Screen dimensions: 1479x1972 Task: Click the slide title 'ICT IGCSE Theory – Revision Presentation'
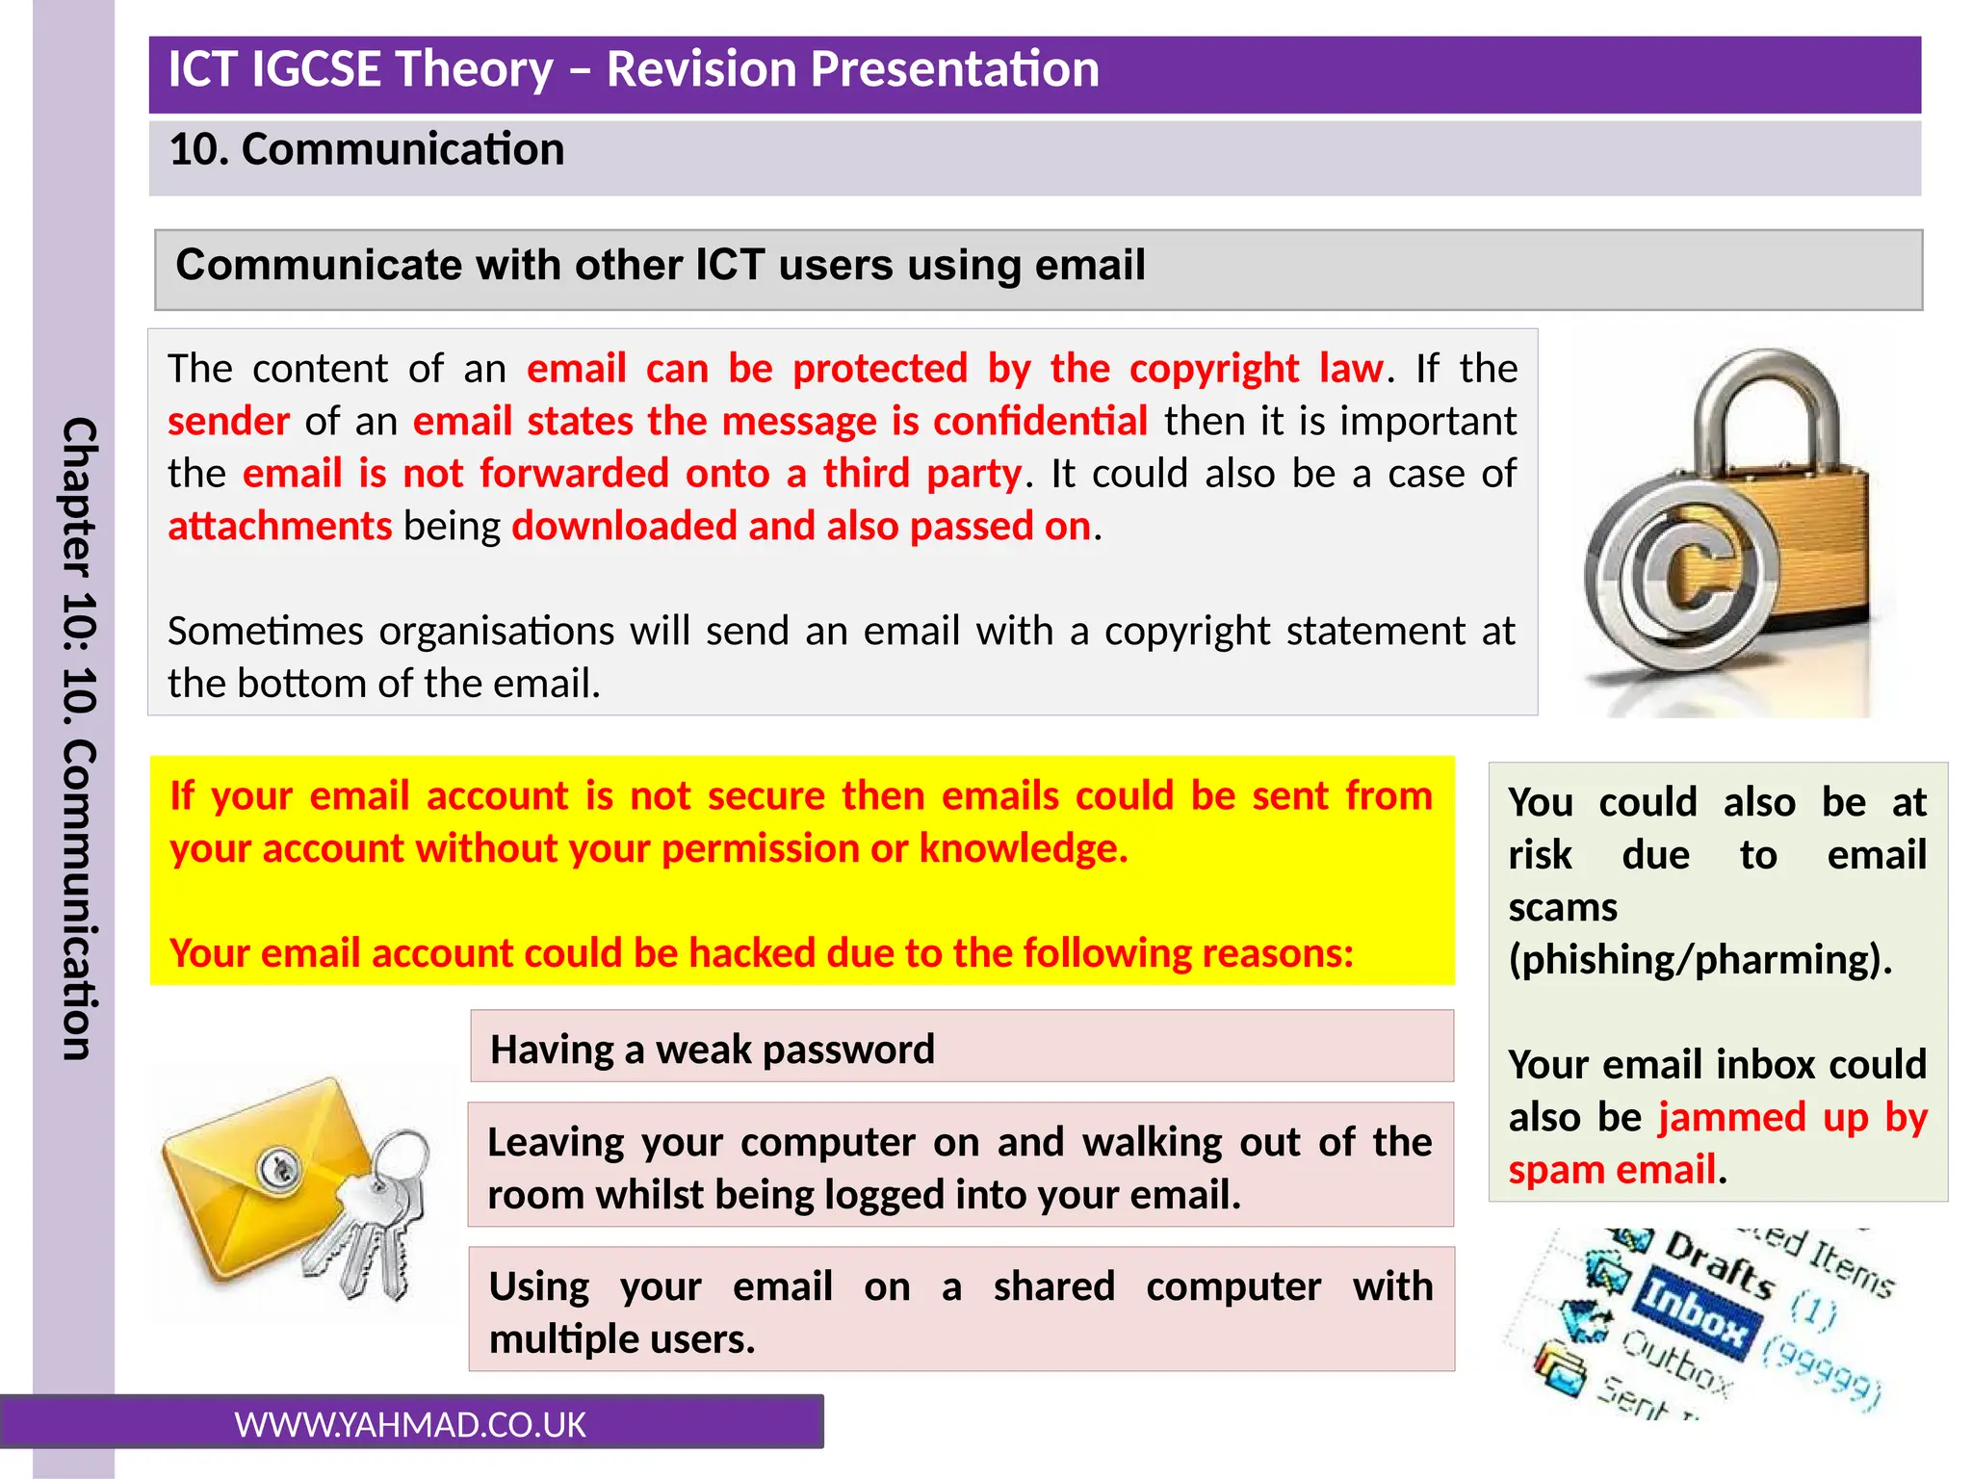click(x=633, y=70)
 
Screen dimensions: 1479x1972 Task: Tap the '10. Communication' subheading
click(x=366, y=150)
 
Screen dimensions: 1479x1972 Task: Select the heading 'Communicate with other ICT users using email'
click(x=661, y=266)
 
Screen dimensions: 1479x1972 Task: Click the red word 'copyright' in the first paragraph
click(x=1213, y=369)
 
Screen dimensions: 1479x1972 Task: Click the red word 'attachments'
click(x=279, y=527)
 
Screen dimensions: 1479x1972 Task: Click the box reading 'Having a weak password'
click(x=961, y=1048)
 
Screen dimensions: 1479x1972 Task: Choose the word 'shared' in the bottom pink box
click(x=1053, y=1287)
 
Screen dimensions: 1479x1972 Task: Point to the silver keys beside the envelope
click(x=371, y=1223)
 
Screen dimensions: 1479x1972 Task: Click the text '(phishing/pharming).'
click(x=1700, y=960)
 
